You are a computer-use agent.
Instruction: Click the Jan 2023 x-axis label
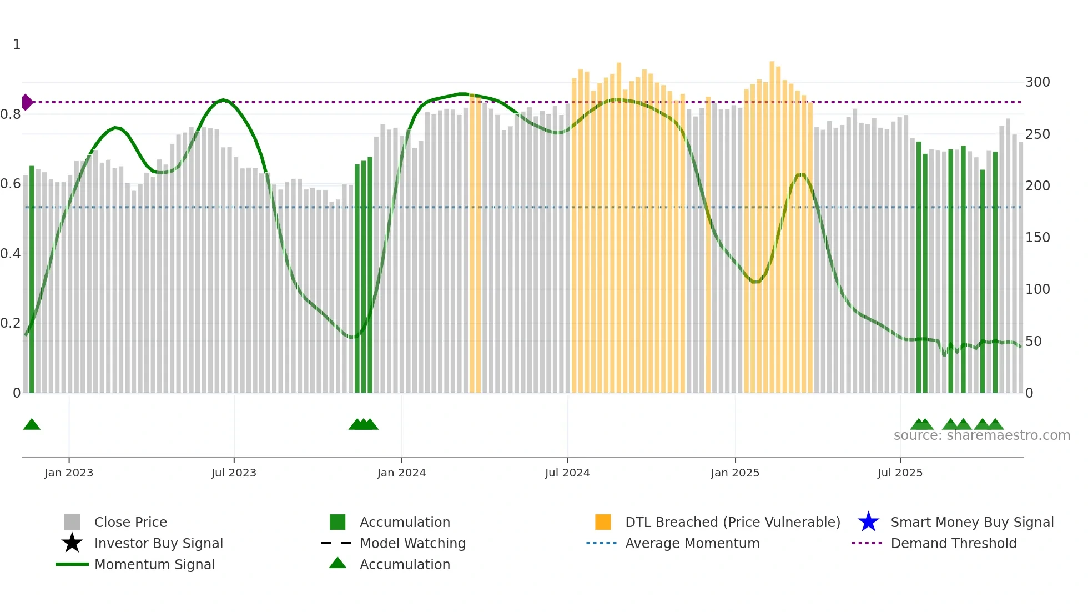[x=69, y=473]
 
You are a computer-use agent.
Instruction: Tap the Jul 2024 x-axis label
[x=567, y=473]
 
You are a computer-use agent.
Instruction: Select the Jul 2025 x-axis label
[x=900, y=473]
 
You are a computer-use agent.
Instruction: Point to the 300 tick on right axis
[x=1037, y=82]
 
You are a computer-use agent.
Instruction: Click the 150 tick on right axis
[x=1037, y=238]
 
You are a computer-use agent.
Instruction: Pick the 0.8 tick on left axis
[x=11, y=114]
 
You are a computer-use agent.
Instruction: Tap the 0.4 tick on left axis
[x=11, y=254]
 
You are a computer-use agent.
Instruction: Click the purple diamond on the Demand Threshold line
[x=27, y=102]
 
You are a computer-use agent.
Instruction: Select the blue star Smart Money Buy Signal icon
[x=868, y=522]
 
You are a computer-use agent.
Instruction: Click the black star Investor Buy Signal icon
[x=72, y=543]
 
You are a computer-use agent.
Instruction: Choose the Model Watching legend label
[x=412, y=543]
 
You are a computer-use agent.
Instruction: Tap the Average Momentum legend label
[x=692, y=543]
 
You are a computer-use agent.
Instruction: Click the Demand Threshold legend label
[x=953, y=543]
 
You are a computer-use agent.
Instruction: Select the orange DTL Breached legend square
[x=603, y=522]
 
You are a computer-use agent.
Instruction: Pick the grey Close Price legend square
[x=72, y=522]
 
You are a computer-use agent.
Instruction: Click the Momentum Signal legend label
[x=154, y=564]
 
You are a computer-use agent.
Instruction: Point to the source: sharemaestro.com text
[x=981, y=435]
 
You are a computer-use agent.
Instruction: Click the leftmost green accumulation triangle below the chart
[x=32, y=425]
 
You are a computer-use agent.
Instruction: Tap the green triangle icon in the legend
[x=338, y=563]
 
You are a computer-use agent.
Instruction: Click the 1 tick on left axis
[x=17, y=44]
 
